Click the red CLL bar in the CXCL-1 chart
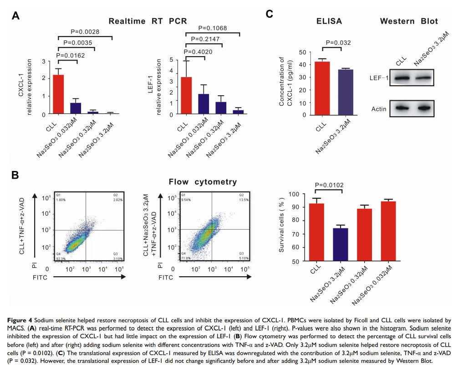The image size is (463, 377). click(58, 94)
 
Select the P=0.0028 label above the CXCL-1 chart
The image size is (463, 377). click(85, 32)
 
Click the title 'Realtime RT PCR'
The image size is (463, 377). click(148, 21)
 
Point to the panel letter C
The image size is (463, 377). click(269, 14)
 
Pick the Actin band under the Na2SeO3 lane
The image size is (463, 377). click(423, 108)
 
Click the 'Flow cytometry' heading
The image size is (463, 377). click(203, 182)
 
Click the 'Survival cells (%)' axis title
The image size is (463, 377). click(281, 227)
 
